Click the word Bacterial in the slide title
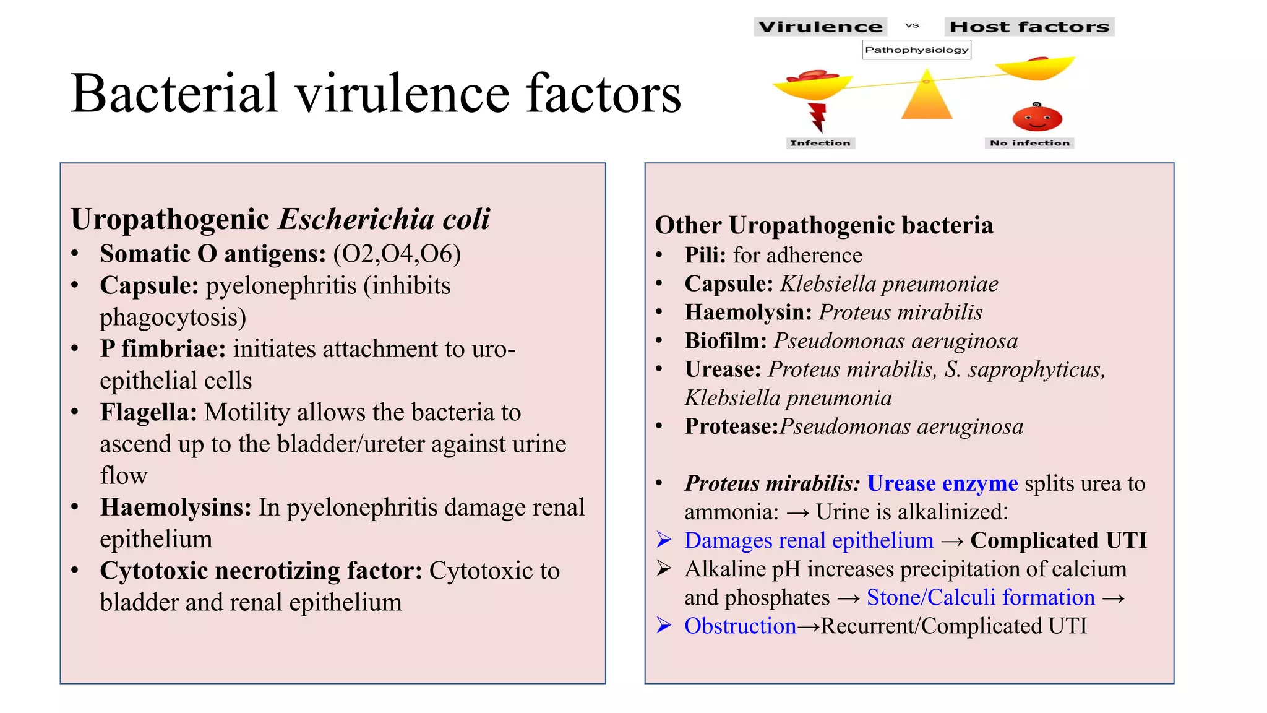(x=174, y=94)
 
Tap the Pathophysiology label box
(x=916, y=50)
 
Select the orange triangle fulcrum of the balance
(x=927, y=98)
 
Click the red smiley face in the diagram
(x=1037, y=118)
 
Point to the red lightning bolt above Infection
(x=818, y=118)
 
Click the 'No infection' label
(x=1029, y=143)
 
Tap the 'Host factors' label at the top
(x=1029, y=27)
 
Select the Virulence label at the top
(x=820, y=27)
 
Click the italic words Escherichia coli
(x=384, y=219)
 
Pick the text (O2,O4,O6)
(x=397, y=254)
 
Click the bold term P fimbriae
(x=163, y=349)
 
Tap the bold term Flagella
(x=148, y=412)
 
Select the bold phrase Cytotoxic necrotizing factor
(x=261, y=571)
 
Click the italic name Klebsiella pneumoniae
(x=889, y=284)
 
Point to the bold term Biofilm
(x=726, y=341)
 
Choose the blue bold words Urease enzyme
(x=942, y=483)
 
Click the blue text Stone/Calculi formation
(x=981, y=597)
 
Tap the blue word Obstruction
(x=740, y=626)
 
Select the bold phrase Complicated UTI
(x=1059, y=540)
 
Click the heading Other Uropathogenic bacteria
(x=824, y=225)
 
